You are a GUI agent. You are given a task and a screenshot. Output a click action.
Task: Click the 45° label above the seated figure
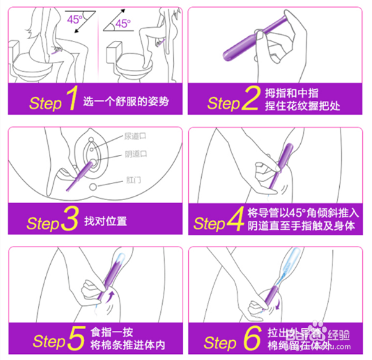point(74,19)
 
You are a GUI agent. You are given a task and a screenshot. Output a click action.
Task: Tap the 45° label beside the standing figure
point(124,24)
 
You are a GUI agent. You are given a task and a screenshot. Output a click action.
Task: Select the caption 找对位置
point(106,221)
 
